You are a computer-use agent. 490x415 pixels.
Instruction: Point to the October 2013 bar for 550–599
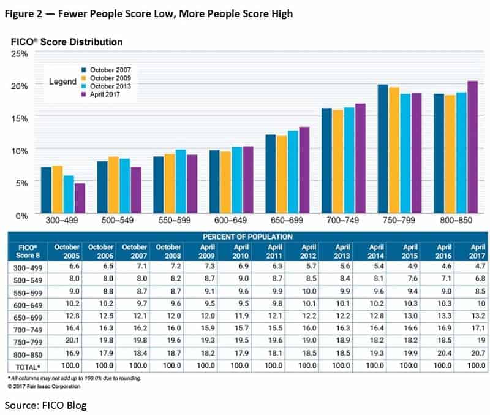tap(181, 181)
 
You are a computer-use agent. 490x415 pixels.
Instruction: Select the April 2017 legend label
tap(105, 94)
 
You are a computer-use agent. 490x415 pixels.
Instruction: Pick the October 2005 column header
tap(67, 251)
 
